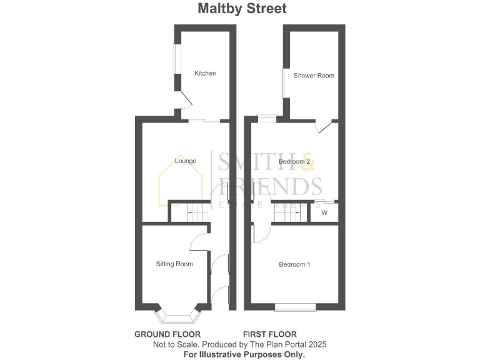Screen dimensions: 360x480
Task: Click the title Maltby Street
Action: [242, 9]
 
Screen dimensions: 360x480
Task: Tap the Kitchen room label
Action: [205, 74]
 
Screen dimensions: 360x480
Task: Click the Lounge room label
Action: [186, 161]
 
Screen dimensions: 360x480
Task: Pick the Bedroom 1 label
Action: [294, 264]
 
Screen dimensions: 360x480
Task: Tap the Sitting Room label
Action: [174, 264]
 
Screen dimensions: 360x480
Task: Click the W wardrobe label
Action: [324, 213]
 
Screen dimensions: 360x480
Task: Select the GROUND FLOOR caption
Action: [167, 334]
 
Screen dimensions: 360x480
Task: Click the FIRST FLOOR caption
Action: [270, 334]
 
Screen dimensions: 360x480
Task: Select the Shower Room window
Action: [284, 83]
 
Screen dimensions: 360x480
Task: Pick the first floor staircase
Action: [291, 214]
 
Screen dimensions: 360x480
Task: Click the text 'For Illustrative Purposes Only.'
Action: [244, 354]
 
